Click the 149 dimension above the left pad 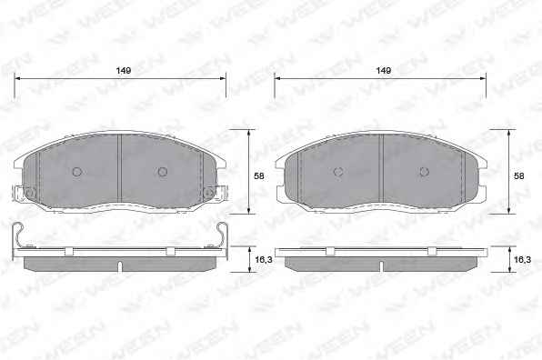coord(124,71)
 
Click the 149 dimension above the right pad coord(384,71)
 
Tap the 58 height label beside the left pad coord(259,175)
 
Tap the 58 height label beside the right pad coord(519,175)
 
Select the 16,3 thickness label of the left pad coord(264,259)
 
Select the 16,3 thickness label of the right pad coord(522,259)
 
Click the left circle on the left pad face coord(76,171)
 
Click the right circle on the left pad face coord(163,171)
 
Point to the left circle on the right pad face coord(338,171)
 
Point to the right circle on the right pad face coord(424,171)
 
